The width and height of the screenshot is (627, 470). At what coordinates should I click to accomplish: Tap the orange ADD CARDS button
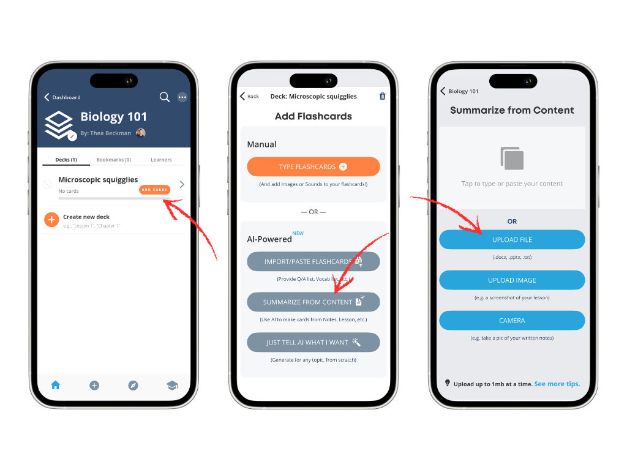pos(154,190)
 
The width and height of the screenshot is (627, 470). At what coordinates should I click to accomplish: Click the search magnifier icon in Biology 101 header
pos(164,97)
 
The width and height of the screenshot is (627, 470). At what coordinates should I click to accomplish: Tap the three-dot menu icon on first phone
pos(182,97)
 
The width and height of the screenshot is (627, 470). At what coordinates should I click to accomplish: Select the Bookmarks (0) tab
pos(113,160)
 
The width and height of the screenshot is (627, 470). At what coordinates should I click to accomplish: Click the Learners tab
pos(161,160)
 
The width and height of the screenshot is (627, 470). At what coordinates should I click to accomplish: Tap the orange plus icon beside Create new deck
pos(51,220)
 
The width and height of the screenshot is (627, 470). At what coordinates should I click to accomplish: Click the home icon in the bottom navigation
pos(56,385)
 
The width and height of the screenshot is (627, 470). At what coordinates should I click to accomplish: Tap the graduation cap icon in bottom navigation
pos(172,385)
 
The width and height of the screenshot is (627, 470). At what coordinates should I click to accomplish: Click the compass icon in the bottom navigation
pos(133,385)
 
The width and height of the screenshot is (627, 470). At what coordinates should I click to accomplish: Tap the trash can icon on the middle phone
pos(383,96)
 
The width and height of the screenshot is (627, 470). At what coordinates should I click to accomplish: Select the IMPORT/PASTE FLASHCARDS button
pos(313,261)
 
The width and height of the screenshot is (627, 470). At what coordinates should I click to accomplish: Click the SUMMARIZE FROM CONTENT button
pos(313,302)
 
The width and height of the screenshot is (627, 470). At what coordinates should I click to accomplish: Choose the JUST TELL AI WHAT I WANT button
pos(313,342)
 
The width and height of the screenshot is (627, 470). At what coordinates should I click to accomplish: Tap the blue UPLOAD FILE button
pos(512,239)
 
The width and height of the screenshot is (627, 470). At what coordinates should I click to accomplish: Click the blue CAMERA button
pos(512,320)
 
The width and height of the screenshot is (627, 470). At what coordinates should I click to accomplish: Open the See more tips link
pos(557,384)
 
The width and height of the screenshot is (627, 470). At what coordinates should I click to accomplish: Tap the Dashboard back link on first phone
pos(62,97)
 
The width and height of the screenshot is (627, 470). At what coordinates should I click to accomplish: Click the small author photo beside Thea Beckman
pos(141,133)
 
